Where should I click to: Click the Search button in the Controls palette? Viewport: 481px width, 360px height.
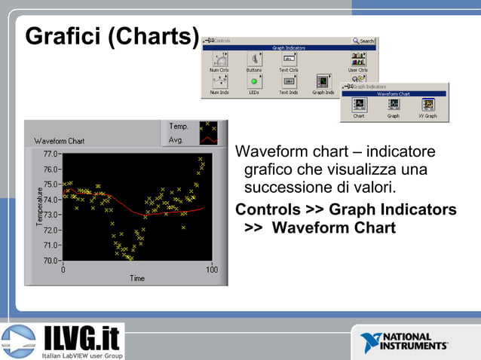(363, 41)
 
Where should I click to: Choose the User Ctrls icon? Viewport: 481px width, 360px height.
(357, 58)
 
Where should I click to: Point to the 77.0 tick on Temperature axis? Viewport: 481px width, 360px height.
(51, 154)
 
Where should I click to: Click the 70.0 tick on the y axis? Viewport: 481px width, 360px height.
(51, 261)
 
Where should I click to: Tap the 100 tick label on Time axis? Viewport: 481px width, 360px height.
(212, 270)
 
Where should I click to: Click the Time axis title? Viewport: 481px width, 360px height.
(137, 279)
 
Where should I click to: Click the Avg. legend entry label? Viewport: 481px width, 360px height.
(178, 139)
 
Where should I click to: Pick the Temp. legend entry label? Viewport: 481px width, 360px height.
(179, 127)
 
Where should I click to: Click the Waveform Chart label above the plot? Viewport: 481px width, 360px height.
(60, 141)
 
